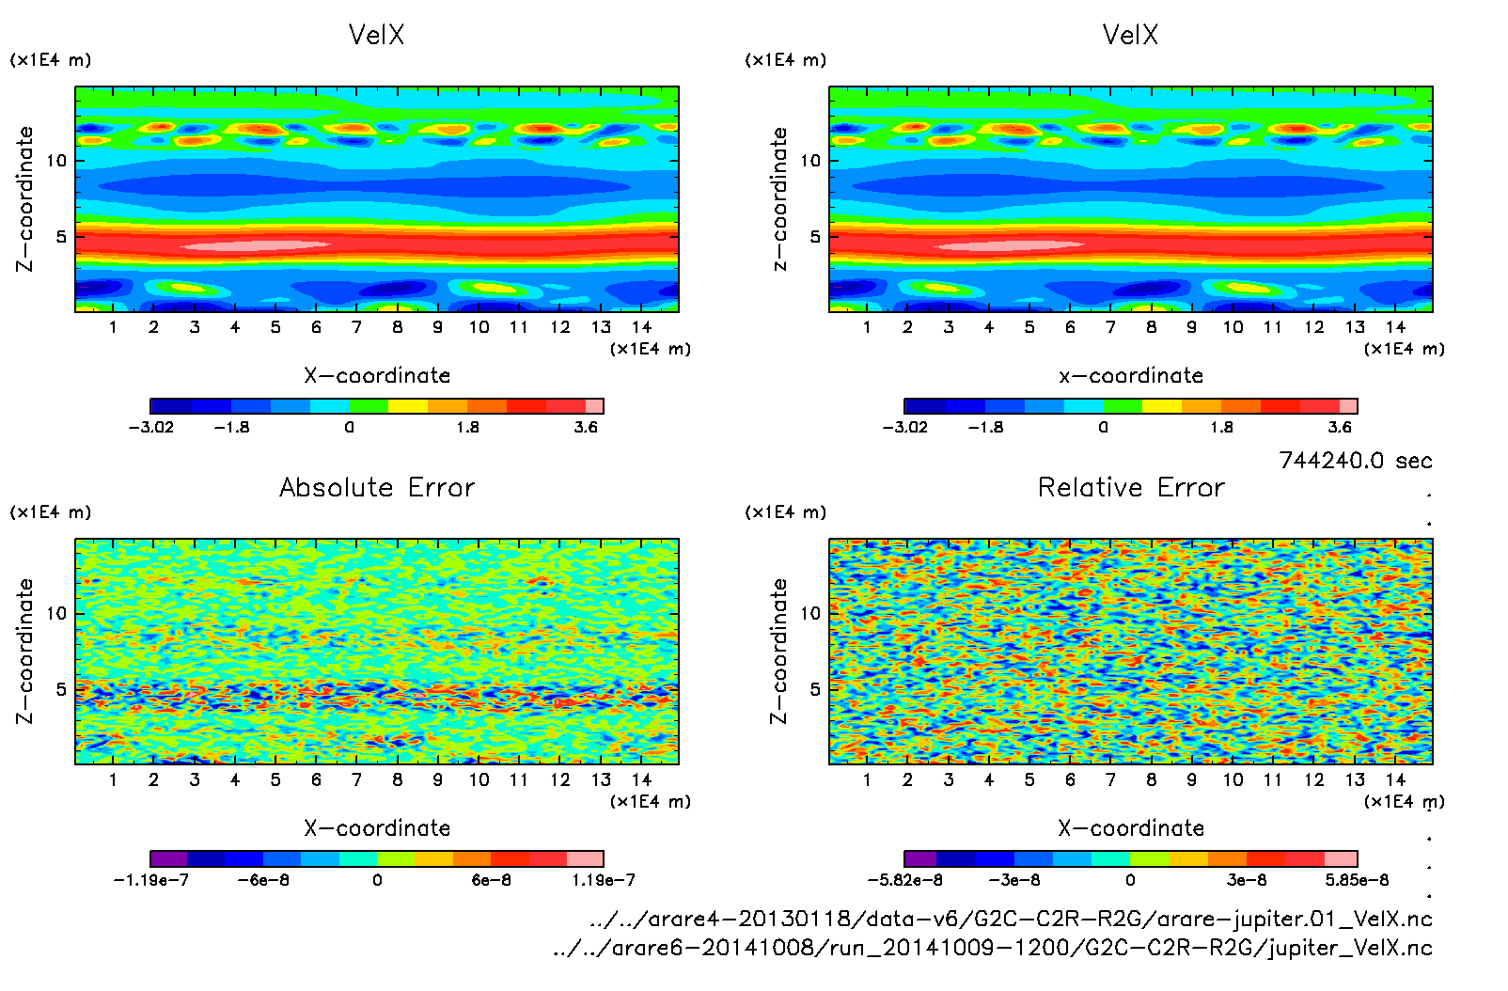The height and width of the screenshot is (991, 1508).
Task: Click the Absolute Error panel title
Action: [377, 487]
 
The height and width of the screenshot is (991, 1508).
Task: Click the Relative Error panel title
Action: [1131, 487]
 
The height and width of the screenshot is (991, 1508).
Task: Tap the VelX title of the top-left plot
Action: [376, 35]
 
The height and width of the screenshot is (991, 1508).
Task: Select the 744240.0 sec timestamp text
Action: [1355, 461]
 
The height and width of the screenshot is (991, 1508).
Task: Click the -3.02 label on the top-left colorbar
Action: [151, 427]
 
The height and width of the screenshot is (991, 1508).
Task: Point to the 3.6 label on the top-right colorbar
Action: [1340, 427]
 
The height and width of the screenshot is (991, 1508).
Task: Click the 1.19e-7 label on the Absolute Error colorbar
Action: [604, 880]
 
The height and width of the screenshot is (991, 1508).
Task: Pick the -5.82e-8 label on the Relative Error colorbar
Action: [904, 880]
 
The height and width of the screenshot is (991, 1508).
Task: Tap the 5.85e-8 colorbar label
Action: [1357, 880]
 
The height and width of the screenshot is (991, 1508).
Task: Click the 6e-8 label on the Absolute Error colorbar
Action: [492, 880]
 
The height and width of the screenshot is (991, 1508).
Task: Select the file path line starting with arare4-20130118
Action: [1011, 919]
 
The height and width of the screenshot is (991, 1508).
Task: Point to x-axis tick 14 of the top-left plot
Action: [641, 327]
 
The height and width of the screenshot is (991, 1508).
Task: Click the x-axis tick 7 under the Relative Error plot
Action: [1110, 779]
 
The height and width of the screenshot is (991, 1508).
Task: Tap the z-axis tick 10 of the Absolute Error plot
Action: [57, 613]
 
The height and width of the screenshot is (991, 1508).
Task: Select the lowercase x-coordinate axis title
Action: [1131, 376]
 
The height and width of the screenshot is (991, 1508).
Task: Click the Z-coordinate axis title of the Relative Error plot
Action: [778, 651]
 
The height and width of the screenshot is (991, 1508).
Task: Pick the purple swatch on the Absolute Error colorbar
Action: [169, 858]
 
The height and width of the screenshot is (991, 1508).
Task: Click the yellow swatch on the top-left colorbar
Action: [408, 406]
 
